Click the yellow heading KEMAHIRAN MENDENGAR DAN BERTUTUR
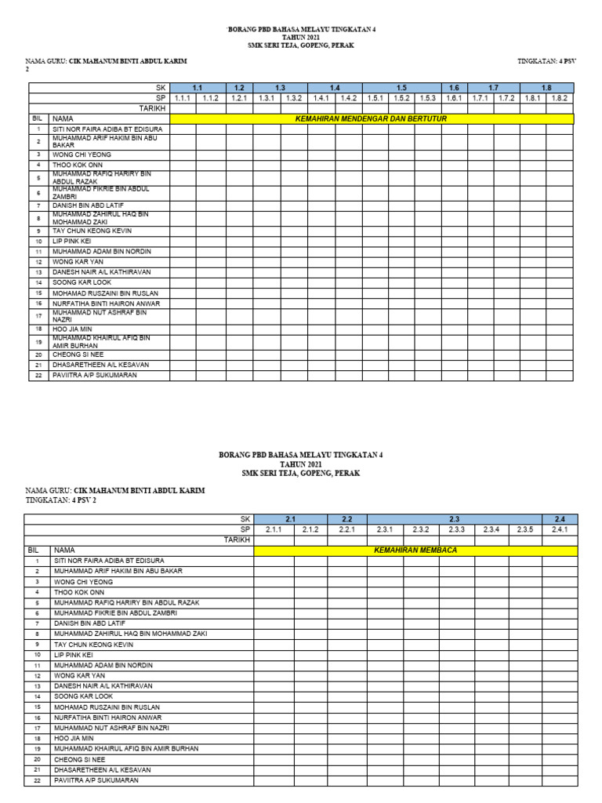372,118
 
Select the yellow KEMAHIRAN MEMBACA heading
415,550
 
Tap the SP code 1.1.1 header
183,98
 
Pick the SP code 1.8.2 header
560,98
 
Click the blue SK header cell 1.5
401,88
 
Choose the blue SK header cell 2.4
560,519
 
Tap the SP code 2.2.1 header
348,529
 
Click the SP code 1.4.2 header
349,98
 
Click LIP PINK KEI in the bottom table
73,654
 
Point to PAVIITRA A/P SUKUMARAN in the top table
95,376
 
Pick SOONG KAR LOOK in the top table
82,282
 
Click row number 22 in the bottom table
36,780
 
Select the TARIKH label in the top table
152,108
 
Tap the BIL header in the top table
38,118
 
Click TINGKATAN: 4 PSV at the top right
547,60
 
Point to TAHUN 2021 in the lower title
301,464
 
